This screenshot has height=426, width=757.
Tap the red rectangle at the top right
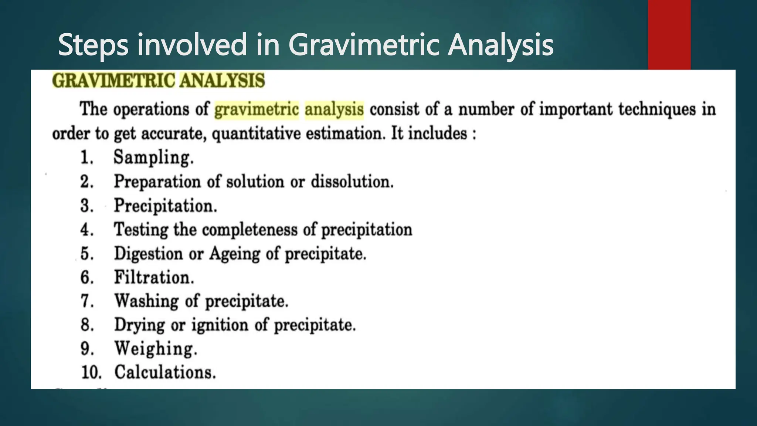pos(669,35)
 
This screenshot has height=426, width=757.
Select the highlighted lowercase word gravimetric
pos(257,110)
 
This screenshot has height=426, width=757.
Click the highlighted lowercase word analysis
pos(334,110)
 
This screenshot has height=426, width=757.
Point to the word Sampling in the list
pos(153,158)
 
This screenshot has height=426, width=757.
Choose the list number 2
pos(87,182)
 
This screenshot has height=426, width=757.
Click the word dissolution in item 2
pos(352,182)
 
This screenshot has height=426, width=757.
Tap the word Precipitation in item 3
pos(165,206)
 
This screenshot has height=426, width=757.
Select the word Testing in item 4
pos(141,230)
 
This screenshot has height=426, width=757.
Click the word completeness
pos(249,230)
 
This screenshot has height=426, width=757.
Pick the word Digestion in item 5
pos(148,254)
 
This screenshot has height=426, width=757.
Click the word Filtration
pos(154,277)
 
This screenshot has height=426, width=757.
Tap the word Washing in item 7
pos(146,301)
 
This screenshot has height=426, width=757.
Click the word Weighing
pos(156,349)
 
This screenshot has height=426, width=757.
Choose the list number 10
pos(91,372)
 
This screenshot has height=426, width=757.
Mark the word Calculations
pos(165,372)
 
